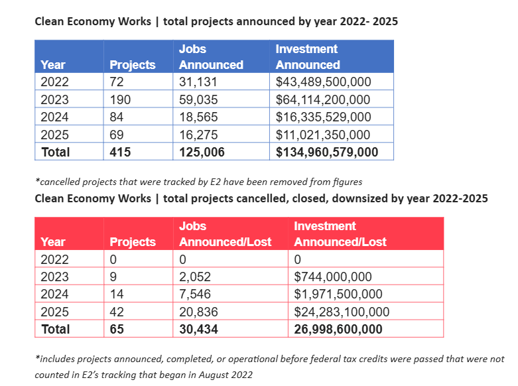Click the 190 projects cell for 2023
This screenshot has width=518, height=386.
click(120, 99)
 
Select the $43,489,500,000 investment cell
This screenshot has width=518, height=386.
click(323, 82)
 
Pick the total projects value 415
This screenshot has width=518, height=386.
click(120, 153)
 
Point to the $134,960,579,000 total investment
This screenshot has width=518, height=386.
click(327, 153)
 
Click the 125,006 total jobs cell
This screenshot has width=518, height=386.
click(202, 153)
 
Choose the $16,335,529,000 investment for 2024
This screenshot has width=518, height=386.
click(323, 117)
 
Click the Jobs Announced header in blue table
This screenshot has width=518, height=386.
click(211, 57)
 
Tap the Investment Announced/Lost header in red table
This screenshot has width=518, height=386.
click(340, 234)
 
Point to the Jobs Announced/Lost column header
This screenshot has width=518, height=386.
click(225, 234)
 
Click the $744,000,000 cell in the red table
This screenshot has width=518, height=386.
click(333, 277)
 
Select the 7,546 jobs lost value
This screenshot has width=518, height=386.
click(194, 294)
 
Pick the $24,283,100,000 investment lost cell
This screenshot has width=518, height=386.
click(342, 312)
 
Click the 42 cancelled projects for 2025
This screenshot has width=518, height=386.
click(117, 312)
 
